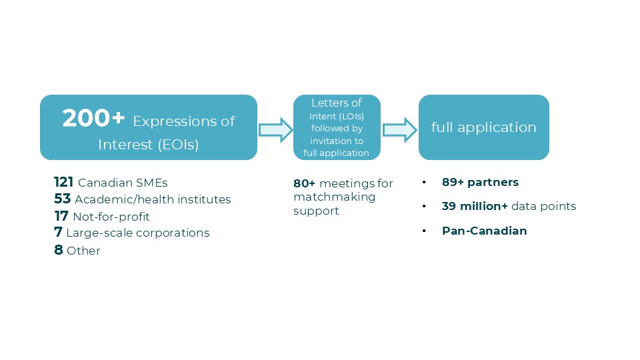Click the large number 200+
pyautogui.click(x=93, y=119)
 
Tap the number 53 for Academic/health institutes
pyautogui.click(x=63, y=199)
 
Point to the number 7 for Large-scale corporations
pyautogui.click(x=58, y=233)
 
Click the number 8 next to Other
pyautogui.click(x=59, y=251)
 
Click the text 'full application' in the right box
pyautogui.click(x=483, y=127)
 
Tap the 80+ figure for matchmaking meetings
pyautogui.click(x=305, y=183)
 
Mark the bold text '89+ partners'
pyautogui.click(x=479, y=182)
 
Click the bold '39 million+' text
pyautogui.click(x=474, y=207)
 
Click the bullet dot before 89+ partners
pyautogui.click(x=425, y=182)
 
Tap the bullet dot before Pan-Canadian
pyautogui.click(x=425, y=231)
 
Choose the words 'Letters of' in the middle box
pyautogui.click(x=337, y=103)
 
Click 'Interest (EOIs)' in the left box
pyautogui.click(x=148, y=144)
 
